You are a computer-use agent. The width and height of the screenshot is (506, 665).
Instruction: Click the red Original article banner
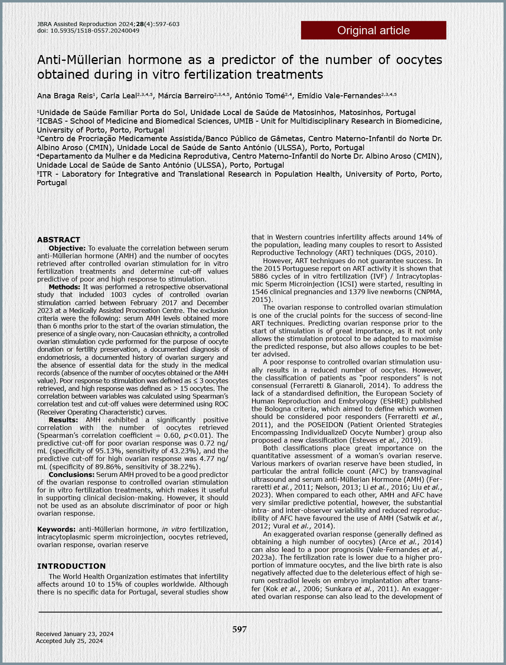click(373, 30)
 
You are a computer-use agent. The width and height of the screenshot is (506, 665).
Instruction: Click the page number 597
click(240, 630)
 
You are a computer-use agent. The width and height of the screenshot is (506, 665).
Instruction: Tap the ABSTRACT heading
click(59, 239)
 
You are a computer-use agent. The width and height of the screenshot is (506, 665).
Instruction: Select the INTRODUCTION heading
click(71, 566)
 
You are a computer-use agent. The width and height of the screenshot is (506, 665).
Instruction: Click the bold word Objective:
click(67, 248)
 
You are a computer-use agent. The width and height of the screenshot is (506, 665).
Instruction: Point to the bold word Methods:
click(64, 287)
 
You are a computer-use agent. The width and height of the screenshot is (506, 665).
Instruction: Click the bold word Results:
click(63, 420)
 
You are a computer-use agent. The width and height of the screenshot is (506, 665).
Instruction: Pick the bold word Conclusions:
click(71, 474)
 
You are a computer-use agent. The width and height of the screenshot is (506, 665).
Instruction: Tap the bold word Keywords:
click(56, 529)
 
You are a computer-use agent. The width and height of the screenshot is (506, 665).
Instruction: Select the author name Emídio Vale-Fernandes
click(339, 96)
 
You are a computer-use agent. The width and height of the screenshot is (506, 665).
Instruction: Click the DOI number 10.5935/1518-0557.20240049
click(95, 31)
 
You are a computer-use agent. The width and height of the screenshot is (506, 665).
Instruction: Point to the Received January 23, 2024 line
click(75, 634)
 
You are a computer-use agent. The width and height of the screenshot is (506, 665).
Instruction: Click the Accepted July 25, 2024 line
click(69, 641)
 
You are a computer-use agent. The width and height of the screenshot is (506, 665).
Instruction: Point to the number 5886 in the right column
click(260, 276)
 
